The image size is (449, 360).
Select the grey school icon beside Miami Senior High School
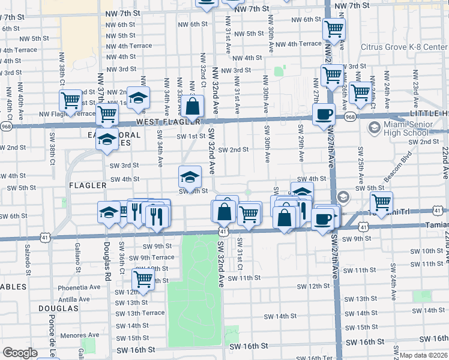point(375,127)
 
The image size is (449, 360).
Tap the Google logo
point(19,353)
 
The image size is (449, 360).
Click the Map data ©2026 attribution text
point(424,355)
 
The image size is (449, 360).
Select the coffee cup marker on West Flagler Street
point(324,115)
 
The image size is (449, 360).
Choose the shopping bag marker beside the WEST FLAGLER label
point(193,108)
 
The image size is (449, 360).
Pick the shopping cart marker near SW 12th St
point(143,278)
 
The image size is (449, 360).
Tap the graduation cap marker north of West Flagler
point(139,97)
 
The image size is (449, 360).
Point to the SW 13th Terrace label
point(145,313)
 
